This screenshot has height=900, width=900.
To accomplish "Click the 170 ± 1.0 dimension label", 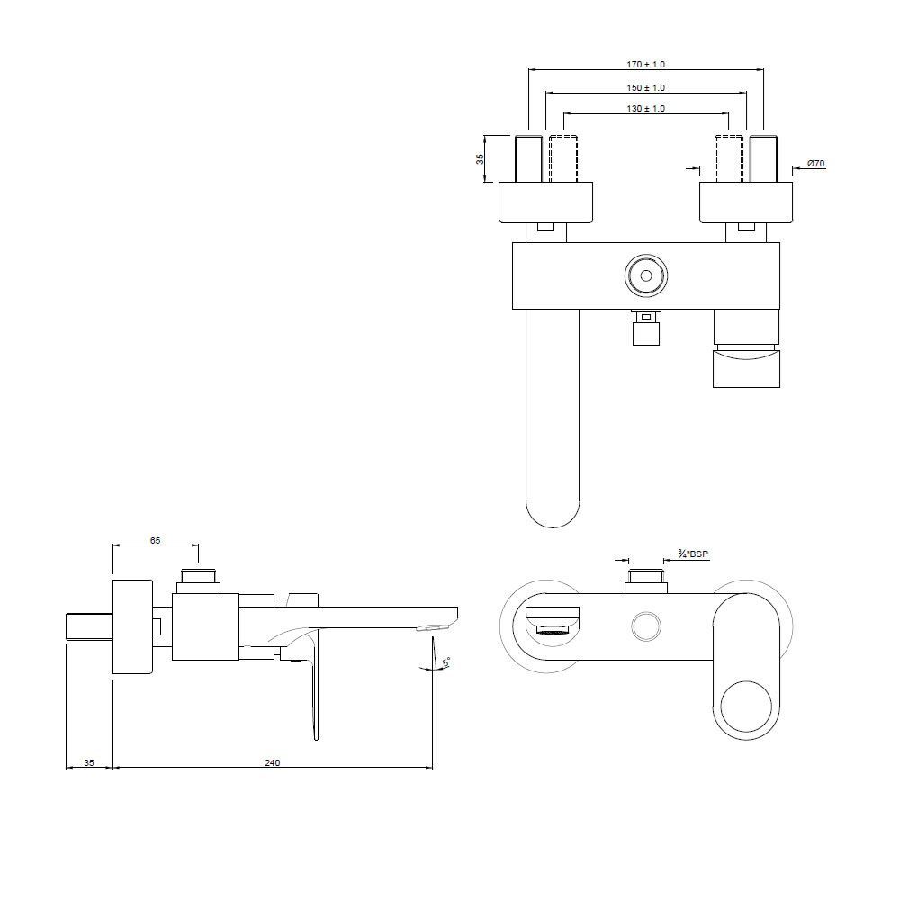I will click(646, 65).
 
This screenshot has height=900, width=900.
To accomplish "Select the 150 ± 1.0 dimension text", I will click(646, 87).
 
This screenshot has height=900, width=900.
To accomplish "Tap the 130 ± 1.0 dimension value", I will click(646, 108).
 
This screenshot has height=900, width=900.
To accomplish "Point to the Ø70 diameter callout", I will click(816, 163).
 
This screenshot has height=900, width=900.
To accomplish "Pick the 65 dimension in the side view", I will click(155, 540).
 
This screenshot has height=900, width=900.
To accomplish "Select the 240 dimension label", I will click(272, 762).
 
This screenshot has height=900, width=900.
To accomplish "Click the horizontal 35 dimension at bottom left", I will click(89, 762).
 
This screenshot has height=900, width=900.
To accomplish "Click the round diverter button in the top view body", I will click(646, 276).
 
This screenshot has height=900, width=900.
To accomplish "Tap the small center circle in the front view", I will click(646, 626).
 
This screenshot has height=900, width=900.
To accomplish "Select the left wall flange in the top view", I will click(546, 202).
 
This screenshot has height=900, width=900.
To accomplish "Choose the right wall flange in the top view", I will click(746, 202).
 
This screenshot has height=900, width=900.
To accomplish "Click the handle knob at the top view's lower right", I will click(746, 369).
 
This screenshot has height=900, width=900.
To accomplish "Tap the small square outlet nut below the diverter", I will click(646, 333).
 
